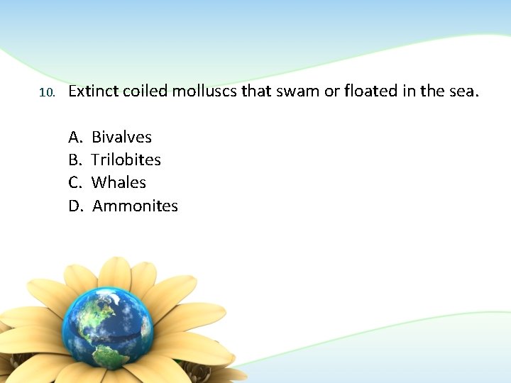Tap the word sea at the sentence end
[463, 91]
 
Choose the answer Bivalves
[121, 137]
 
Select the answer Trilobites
[126, 160]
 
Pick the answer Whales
[119, 182]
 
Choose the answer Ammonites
[135, 206]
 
